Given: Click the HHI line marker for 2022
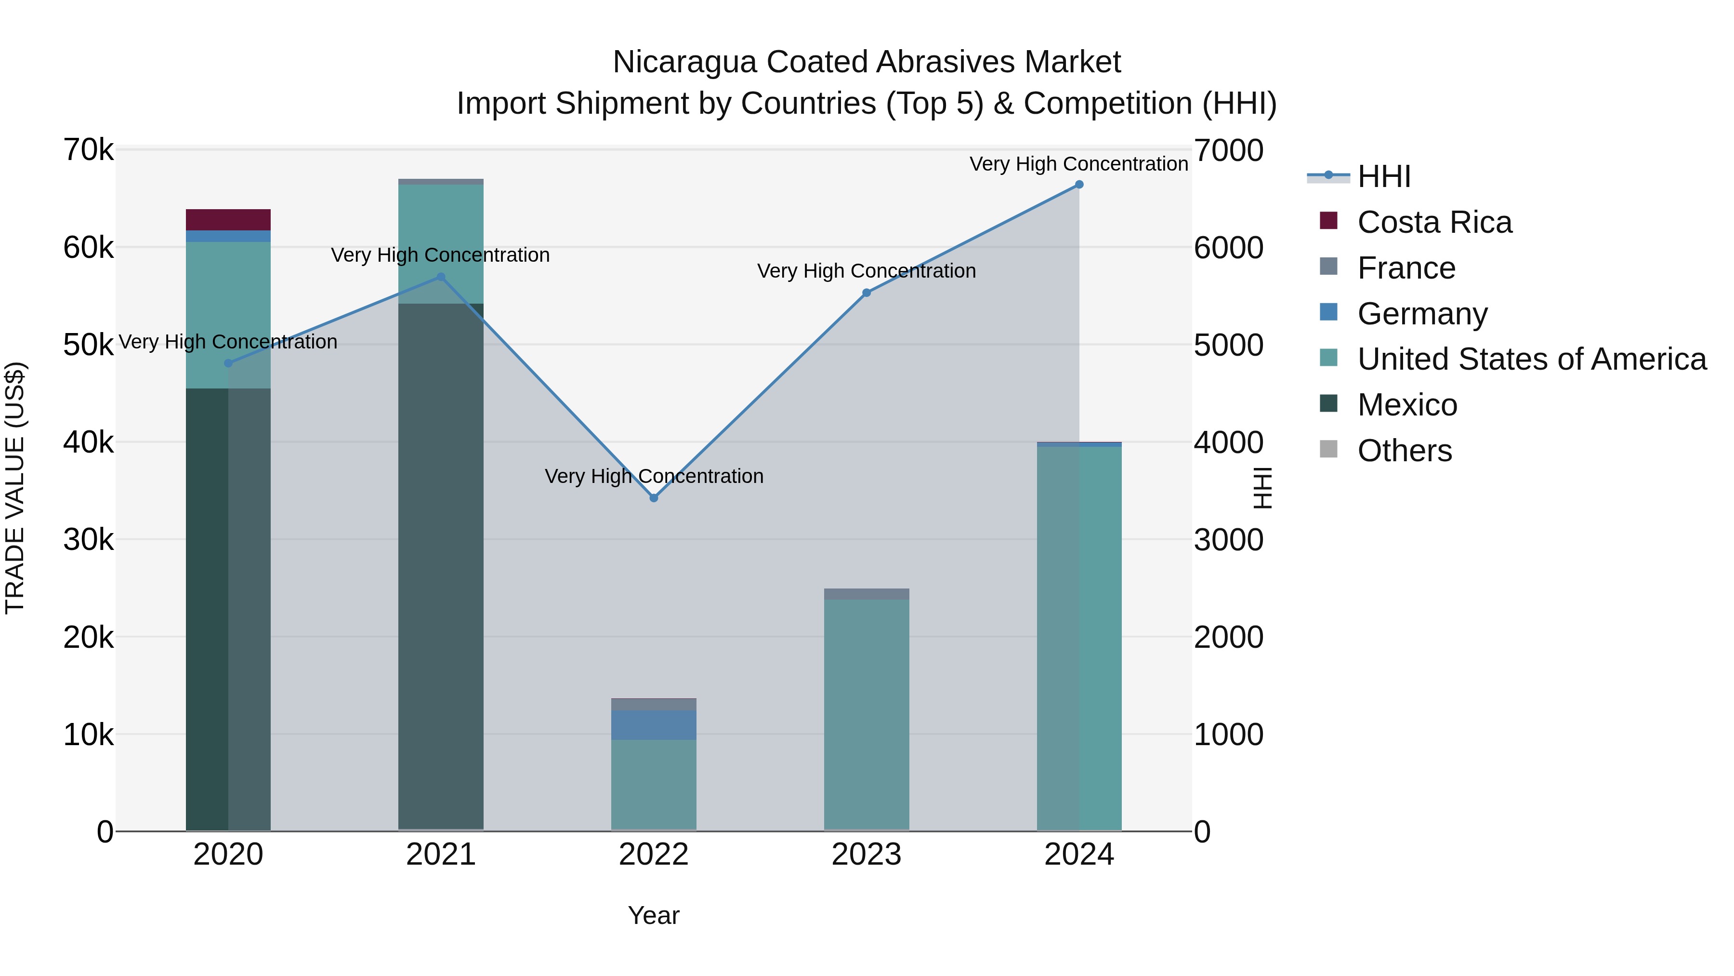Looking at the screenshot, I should tap(654, 498).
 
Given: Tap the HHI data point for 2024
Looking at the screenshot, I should tap(1079, 185).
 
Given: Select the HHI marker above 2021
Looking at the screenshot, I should tap(441, 277).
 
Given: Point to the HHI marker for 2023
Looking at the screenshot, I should tap(867, 293).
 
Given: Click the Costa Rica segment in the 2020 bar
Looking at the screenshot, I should tap(228, 220).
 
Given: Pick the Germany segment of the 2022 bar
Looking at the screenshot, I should tap(654, 725).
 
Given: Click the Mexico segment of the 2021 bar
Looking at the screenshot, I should tap(441, 566).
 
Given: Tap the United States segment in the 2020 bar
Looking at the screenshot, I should tap(228, 315).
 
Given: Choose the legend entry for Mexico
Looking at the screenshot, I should tap(1407, 405).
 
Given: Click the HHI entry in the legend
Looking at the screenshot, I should tap(1383, 176).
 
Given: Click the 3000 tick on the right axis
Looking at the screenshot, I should tap(1228, 539).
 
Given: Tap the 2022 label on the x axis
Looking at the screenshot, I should tap(654, 855).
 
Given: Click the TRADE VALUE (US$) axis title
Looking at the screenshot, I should tap(15, 488).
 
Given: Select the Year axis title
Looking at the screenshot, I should tap(654, 915).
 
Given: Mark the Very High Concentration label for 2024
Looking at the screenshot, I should tap(1078, 164).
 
